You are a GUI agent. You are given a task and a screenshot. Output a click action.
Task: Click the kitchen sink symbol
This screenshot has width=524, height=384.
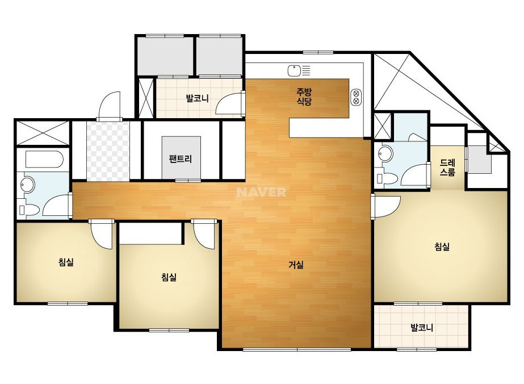(294, 70)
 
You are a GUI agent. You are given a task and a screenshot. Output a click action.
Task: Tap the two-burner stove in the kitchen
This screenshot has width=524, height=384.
(356, 97)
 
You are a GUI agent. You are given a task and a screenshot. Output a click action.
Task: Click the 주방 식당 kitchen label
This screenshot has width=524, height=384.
(304, 97)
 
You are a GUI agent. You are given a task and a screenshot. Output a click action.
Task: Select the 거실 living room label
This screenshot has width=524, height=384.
(296, 265)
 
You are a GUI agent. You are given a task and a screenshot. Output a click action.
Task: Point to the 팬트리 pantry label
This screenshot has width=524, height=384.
(181, 158)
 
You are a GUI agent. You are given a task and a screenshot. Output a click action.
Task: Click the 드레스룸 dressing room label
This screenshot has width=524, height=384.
(447, 168)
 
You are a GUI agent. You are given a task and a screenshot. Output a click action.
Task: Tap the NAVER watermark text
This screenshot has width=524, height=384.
(261, 192)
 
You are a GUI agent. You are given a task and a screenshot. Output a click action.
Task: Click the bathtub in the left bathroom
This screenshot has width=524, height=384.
(44, 160)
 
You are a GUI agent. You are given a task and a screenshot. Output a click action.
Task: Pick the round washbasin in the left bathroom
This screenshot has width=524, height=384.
(28, 184)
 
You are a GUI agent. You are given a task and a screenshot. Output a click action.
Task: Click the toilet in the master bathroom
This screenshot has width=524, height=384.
(387, 178)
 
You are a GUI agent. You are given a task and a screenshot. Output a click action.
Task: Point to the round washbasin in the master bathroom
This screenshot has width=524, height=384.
(385, 154)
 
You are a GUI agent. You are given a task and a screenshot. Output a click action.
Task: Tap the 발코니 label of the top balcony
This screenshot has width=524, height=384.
(197, 98)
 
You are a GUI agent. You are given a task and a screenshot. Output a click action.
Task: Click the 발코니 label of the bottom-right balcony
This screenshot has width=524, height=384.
(422, 327)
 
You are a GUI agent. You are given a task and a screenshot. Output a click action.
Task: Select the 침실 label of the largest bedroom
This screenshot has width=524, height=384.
(442, 247)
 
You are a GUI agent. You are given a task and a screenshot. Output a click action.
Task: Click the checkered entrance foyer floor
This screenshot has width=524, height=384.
(108, 151)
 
